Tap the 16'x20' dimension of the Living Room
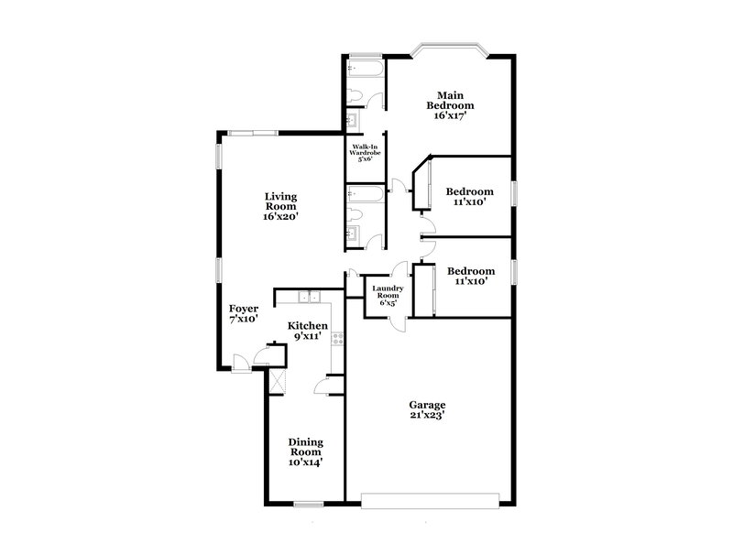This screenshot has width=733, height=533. click(280, 216)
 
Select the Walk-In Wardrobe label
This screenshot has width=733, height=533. click(364, 149)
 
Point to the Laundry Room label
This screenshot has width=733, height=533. click(385, 294)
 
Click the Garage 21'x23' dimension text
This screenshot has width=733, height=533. click(427, 415)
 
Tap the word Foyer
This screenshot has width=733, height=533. click(243, 309)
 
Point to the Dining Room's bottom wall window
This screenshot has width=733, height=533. click(308, 502)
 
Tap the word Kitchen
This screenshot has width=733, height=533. click(307, 326)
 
